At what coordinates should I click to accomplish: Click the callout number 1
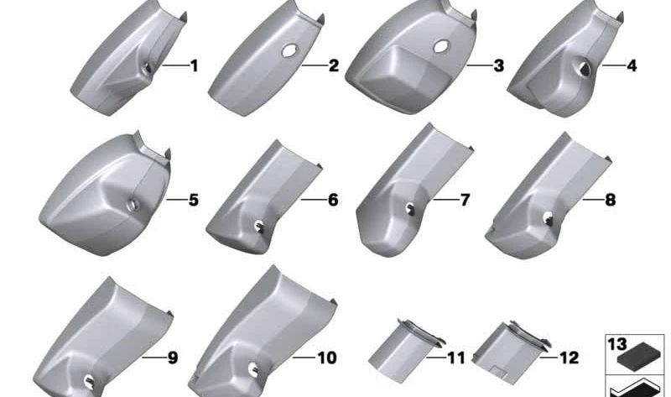click(x=195, y=66)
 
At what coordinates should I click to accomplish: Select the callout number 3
click(x=498, y=66)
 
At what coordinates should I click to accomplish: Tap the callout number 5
click(x=194, y=200)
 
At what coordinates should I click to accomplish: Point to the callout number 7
click(x=465, y=200)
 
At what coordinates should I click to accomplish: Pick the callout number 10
click(x=327, y=358)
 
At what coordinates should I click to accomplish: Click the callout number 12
click(x=570, y=358)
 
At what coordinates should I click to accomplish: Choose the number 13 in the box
click(x=617, y=344)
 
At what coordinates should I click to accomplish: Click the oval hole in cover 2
click(x=289, y=50)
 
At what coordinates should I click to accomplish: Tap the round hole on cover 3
click(x=441, y=47)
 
